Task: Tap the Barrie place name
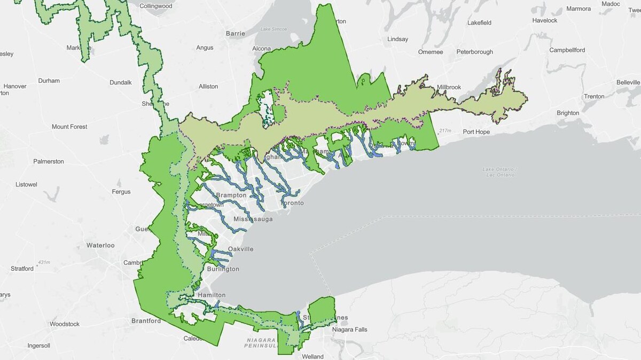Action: tap(235, 33)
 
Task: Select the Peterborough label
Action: tap(474, 52)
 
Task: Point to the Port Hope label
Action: tap(476, 132)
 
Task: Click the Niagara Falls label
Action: tap(349, 330)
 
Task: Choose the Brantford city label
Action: tap(146, 321)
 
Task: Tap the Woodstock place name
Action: tap(65, 324)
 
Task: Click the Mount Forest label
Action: tap(69, 127)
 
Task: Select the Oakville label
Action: tap(240, 249)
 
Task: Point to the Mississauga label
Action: tap(253, 220)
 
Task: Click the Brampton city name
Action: tap(231, 195)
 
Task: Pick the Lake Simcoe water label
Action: tap(273, 29)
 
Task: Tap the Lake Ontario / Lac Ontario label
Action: tap(499, 172)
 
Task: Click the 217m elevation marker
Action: tap(444, 131)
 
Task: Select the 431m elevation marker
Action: tap(44, 262)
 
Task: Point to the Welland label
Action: tap(312, 356)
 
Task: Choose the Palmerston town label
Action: tap(49, 161)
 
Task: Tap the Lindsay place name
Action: tap(397, 40)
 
